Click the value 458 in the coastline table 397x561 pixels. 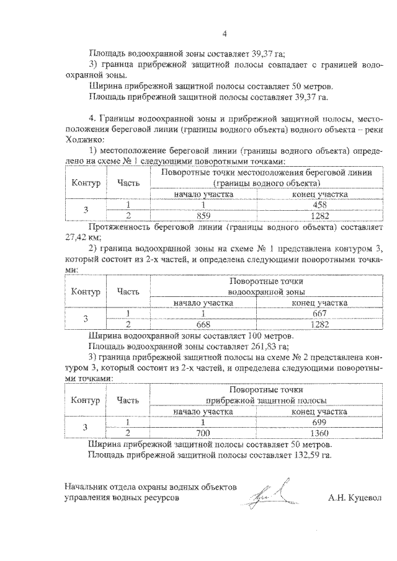tap(319, 205)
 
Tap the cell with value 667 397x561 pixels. tap(319, 313)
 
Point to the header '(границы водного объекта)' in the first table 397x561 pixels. tap(266, 183)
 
